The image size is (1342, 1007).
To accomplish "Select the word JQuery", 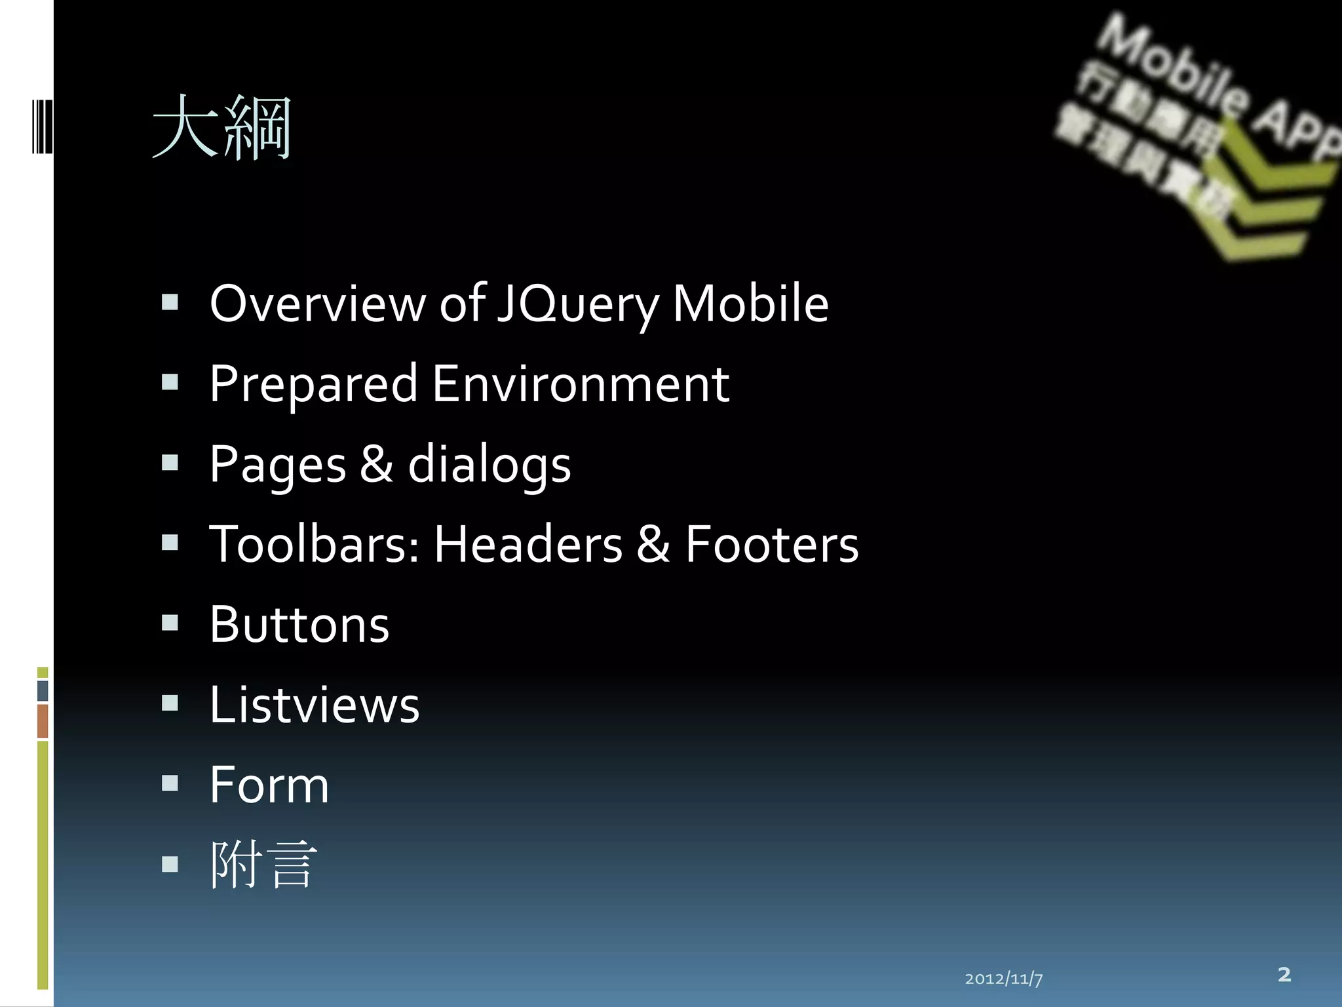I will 577,305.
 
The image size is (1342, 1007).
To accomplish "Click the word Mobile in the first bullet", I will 750,304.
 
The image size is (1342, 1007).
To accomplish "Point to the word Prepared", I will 313,385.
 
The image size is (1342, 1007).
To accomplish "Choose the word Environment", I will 580,384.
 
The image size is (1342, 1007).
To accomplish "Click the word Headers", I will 527,544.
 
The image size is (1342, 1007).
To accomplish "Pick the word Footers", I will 771,544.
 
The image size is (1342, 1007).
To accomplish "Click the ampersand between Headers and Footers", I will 653,544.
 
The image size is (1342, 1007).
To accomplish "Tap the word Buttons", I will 299,625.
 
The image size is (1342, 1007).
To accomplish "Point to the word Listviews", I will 315,705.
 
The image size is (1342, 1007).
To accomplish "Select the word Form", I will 269,785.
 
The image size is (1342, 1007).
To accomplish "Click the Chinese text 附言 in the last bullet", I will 263,865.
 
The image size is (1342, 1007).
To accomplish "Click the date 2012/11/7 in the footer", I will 1003,979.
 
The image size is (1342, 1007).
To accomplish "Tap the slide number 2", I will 1284,974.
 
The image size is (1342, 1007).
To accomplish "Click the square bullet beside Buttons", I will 170,623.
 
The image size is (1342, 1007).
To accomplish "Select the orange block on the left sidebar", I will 43,721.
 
